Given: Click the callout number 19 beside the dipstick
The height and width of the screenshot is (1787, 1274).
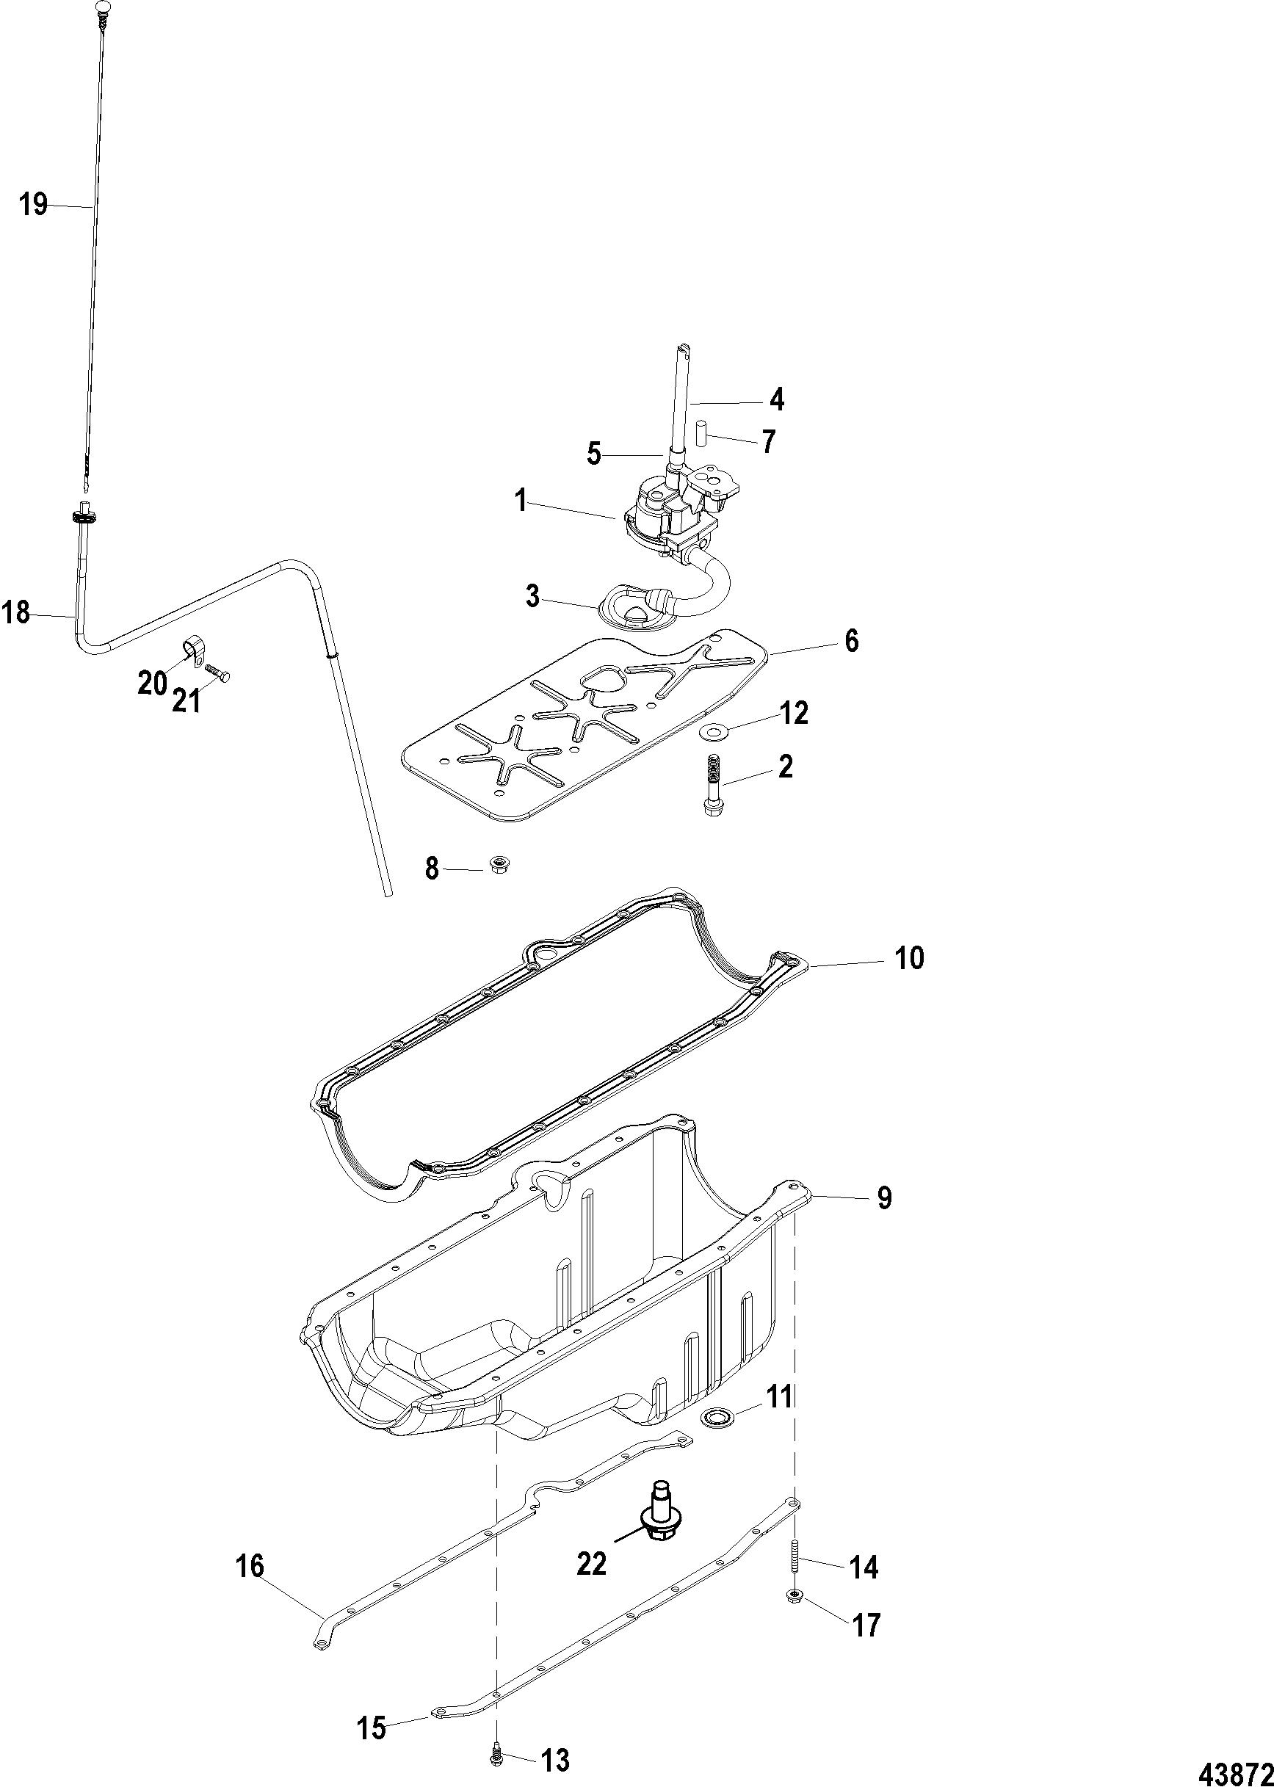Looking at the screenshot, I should (x=34, y=206).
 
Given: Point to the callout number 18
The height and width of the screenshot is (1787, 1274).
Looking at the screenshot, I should (x=15, y=612).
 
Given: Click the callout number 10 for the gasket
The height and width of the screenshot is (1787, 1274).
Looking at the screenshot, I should (x=909, y=958).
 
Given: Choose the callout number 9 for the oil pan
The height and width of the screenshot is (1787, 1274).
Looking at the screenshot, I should (x=884, y=1198).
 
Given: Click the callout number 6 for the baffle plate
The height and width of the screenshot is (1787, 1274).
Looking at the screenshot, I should (x=851, y=641).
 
